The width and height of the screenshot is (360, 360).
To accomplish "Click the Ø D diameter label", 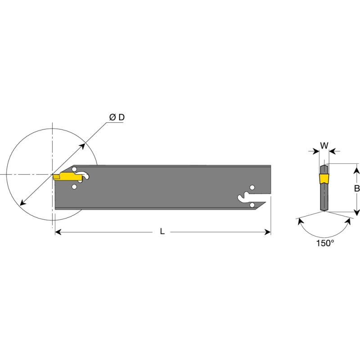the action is (x=117, y=117).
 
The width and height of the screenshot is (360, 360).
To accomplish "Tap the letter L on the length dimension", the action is (x=162, y=231).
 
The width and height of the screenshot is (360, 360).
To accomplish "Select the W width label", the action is (x=324, y=145).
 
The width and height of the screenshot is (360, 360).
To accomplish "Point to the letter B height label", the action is (x=356, y=188).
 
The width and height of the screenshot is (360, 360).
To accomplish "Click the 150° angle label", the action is (x=325, y=243).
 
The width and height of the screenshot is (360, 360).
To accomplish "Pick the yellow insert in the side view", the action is (x=67, y=177).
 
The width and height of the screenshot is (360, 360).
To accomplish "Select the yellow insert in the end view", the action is (x=324, y=179).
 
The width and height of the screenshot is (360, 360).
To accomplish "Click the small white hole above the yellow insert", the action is (x=74, y=170).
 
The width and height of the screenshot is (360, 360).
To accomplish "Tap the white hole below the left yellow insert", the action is (x=74, y=187).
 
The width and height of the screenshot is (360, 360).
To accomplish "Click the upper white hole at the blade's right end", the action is (x=252, y=188).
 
